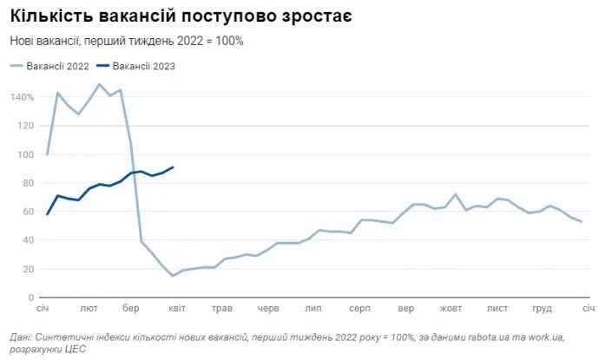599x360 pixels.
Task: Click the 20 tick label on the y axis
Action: [x=27, y=269]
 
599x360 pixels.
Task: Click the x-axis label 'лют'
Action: [x=89, y=309]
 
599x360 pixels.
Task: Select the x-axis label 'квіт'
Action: [x=177, y=309]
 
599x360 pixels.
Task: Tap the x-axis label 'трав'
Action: [x=222, y=309]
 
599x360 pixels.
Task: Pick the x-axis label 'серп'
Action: [x=360, y=309]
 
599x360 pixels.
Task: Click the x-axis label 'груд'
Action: [x=543, y=309]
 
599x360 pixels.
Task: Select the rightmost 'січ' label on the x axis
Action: [x=587, y=309]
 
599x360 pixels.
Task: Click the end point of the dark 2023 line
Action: [x=173, y=167]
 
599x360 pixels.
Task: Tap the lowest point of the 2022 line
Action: [x=173, y=276]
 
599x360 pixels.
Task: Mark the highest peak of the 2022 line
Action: [x=100, y=84]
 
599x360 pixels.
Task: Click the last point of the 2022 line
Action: [x=581, y=222]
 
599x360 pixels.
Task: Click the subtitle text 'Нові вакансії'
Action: [x=45, y=41]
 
